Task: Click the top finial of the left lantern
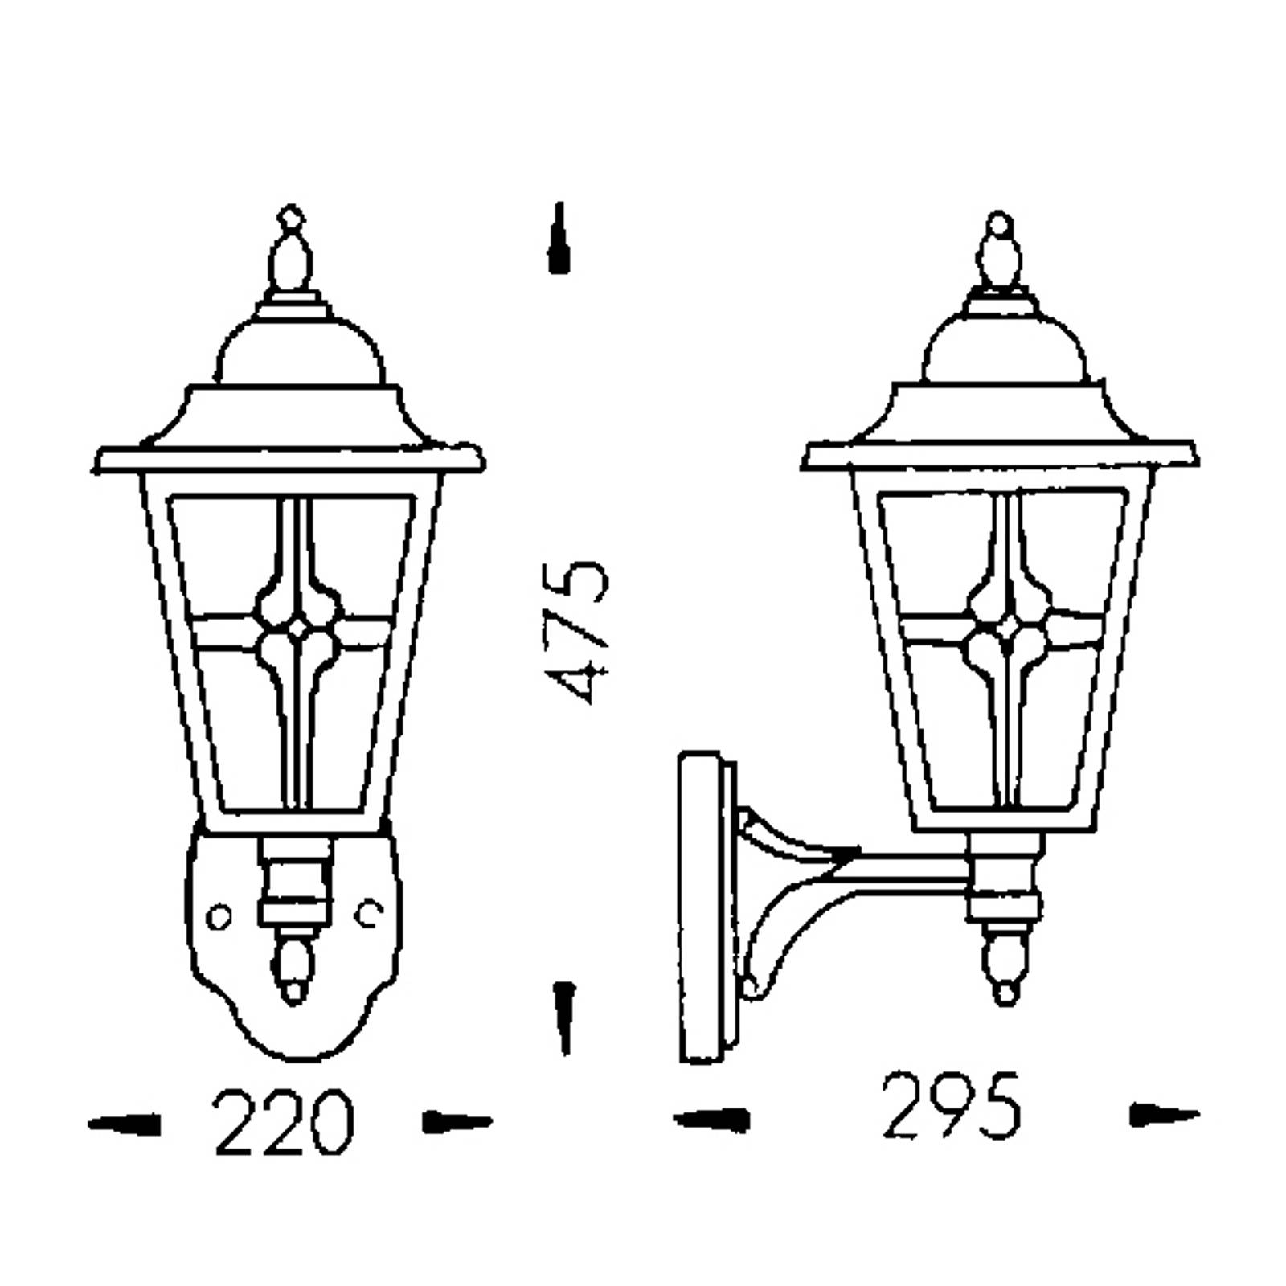coord(290,253)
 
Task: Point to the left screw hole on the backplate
coord(219,916)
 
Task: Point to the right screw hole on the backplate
coord(369,912)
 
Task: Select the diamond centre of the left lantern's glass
coord(297,629)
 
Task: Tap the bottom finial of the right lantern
coord(1004,964)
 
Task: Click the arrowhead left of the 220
coord(124,1124)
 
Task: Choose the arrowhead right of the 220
coord(457,1123)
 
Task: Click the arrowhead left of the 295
coord(711,1119)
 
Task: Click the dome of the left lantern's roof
coord(298,350)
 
